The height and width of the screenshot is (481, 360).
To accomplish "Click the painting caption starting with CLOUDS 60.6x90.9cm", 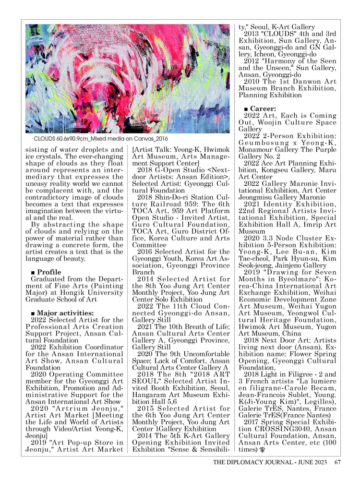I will click(80, 139).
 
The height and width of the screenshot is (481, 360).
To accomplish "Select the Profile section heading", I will click(49, 272).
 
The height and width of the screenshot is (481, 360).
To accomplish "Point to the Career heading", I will click(263, 109).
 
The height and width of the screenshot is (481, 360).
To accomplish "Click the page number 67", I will click(337, 463).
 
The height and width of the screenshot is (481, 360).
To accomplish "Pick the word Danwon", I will click(303, 82).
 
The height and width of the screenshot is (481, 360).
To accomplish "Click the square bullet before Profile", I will click(33, 272).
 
